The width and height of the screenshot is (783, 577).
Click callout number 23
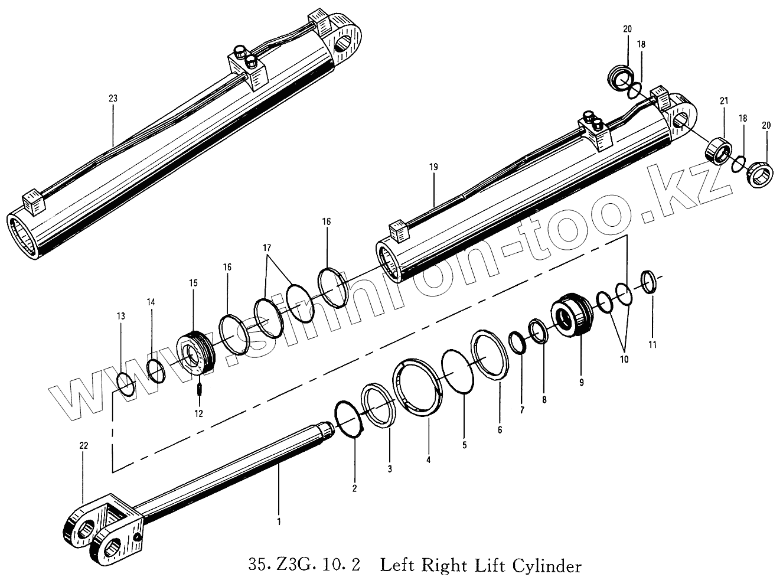click(113, 99)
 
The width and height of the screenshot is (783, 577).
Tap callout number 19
click(434, 168)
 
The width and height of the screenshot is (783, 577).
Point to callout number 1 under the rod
click(279, 521)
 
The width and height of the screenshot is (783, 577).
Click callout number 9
click(581, 383)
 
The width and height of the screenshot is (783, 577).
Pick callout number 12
click(198, 413)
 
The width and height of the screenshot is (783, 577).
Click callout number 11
click(652, 344)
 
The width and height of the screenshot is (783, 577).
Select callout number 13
click(121, 317)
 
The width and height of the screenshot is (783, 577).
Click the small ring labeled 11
click(648, 282)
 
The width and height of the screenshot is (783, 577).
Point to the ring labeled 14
click(156, 371)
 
